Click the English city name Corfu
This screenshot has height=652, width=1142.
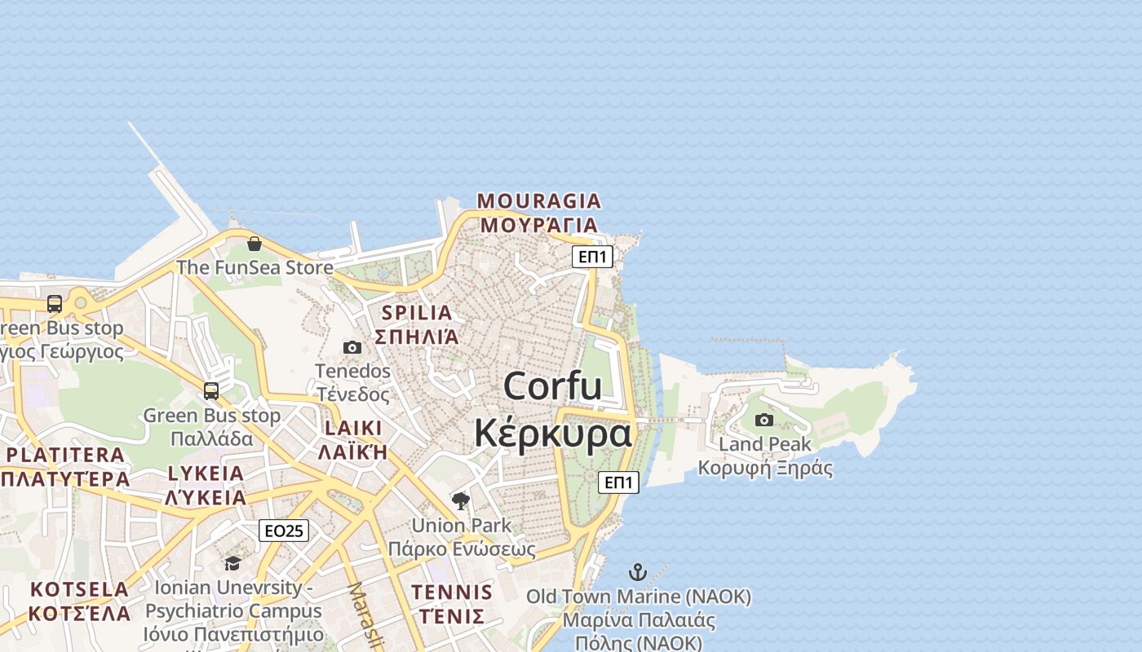[x=552, y=385]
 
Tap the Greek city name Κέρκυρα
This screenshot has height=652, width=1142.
[x=552, y=433]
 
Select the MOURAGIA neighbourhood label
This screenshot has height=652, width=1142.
[x=538, y=200]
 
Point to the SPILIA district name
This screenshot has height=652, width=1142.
[x=417, y=312]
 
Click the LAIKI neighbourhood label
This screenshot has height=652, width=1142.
[x=353, y=429]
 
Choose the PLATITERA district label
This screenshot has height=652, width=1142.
[x=65, y=455]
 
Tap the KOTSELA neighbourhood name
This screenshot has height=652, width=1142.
[x=79, y=588]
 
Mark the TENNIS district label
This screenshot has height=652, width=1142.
[x=452, y=592]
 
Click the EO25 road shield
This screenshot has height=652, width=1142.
[x=284, y=531]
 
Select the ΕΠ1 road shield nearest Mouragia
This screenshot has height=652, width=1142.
[x=592, y=257]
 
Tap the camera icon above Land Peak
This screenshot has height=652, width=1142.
[x=764, y=420]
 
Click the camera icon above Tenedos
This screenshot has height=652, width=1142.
[x=352, y=348]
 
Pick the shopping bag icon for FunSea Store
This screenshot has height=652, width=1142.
[x=255, y=244]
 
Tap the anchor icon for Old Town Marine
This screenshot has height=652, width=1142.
[x=638, y=572]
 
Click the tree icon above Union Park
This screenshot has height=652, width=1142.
[x=461, y=500]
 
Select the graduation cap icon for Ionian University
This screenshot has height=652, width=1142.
[x=233, y=563]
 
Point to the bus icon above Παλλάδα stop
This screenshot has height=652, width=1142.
[x=211, y=391]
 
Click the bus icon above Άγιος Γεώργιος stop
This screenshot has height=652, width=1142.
[x=55, y=304]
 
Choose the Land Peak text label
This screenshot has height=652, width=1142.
[x=764, y=444]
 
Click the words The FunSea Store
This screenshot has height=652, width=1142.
[x=255, y=267]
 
